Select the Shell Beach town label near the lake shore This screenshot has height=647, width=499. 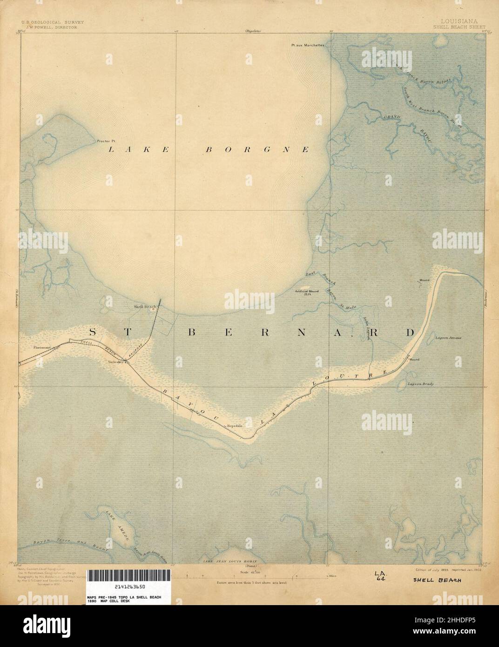pos(144,306)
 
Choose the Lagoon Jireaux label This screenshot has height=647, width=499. pos(448,338)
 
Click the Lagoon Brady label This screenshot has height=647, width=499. pos(421,384)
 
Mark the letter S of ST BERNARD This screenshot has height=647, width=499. pos(93,332)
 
